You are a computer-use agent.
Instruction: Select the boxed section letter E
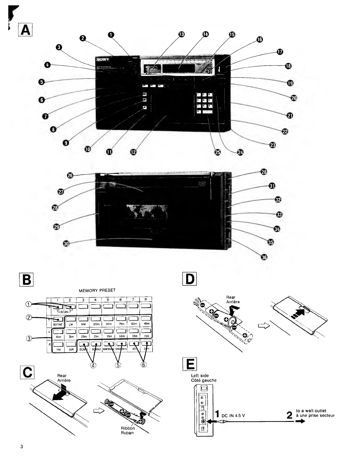click(190, 365)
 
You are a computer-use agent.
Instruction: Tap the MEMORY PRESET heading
click(97, 290)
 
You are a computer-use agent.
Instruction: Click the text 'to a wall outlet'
click(311, 411)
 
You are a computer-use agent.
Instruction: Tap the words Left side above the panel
click(200, 376)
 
